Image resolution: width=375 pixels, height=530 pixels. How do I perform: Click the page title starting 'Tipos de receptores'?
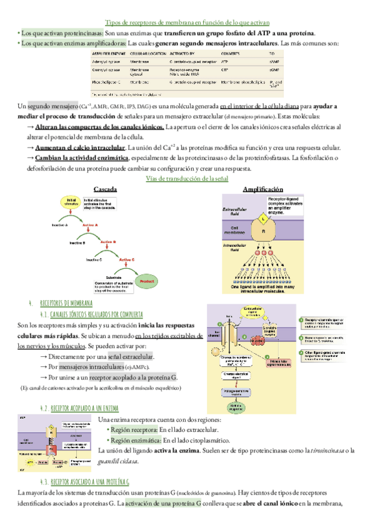[x=187, y=21]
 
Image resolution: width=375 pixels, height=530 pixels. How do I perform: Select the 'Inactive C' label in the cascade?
[x=94, y=259]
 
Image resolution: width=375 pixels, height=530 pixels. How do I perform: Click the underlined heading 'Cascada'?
[x=105, y=189]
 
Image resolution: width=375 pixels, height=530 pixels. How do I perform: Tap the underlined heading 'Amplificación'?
[x=262, y=189]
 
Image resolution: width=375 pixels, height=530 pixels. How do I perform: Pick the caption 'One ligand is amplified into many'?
[x=262, y=287]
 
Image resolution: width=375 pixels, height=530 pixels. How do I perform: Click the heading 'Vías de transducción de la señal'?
[x=187, y=179]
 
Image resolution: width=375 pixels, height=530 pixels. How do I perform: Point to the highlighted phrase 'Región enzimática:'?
[x=132, y=440]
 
